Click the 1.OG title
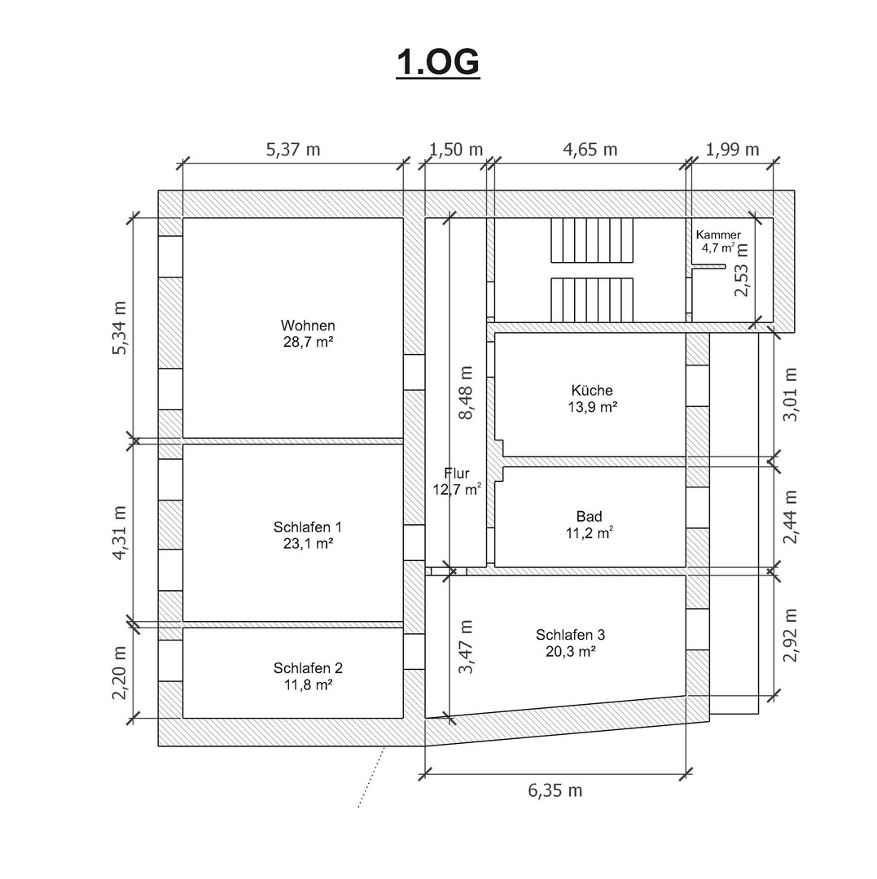click(x=438, y=62)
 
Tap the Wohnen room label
click(x=308, y=326)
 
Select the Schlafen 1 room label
click(x=308, y=527)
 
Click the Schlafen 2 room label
click(x=308, y=668)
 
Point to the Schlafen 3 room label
click(x=570, y=635)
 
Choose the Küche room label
click(x=592, y=390)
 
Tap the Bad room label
click(x=590, y=516)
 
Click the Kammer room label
click(x=718, y=235)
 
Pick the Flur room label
click(x=457, y=473)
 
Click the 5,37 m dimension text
click(x=292, y=150)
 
